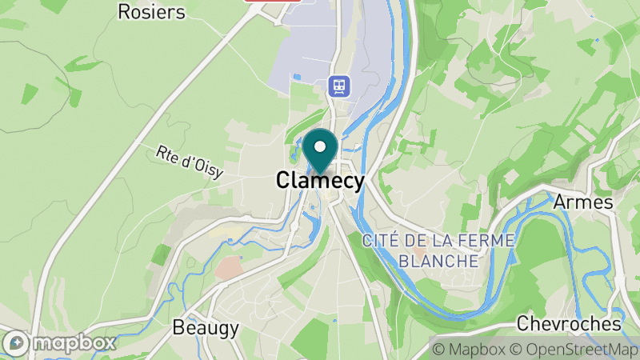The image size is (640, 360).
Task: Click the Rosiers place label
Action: pos(151,11)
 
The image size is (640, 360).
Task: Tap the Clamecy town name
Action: pos(320,180)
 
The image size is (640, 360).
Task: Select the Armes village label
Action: pos(582,202)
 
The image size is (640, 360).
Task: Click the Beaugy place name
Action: pos(206,328)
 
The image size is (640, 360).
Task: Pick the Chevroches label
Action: pos(569,324)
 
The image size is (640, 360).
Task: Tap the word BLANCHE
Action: pos(438,261)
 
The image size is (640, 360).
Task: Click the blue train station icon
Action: pos(339,85)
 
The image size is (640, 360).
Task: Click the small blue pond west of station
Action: pos(298,77)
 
